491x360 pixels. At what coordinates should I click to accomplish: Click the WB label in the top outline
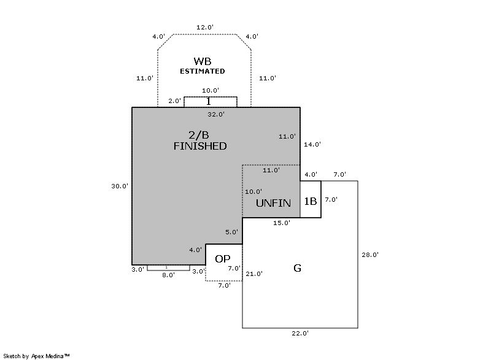tap(203, 61)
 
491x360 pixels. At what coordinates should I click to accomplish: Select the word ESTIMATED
tap(202, 71)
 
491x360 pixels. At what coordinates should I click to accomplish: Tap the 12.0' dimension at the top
tap(204, 28)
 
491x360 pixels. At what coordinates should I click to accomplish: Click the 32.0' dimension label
tap(216, 114)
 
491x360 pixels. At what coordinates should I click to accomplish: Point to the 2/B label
tap(199, 134)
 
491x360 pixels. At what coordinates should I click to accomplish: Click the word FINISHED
tap(200, 146)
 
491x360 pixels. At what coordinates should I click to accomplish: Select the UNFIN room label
tap(273, 203)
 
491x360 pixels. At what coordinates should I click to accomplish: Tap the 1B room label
tap(311, 201)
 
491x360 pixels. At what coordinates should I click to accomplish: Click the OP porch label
tap(223, 259)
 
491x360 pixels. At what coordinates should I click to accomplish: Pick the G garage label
tap(298, 268)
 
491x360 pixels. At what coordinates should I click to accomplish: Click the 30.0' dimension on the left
tap(119, 186)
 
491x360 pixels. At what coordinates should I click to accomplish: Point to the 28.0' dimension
tap(370, 255)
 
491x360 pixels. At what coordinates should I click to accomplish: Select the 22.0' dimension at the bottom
tap(300, 334)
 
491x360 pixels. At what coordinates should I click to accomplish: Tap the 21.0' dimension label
tap(253, 274)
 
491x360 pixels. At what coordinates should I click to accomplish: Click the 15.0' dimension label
tap(282, 223)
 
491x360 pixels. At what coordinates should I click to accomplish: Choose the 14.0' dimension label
tap(312, 145)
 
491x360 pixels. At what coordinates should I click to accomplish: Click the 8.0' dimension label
tap(168, 275)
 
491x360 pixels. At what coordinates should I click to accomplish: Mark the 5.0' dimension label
tap(231, 232)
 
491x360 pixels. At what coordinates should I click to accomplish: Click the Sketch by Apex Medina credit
tap(37, 355)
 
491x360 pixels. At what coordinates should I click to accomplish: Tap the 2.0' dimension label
tap(175, 101)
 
